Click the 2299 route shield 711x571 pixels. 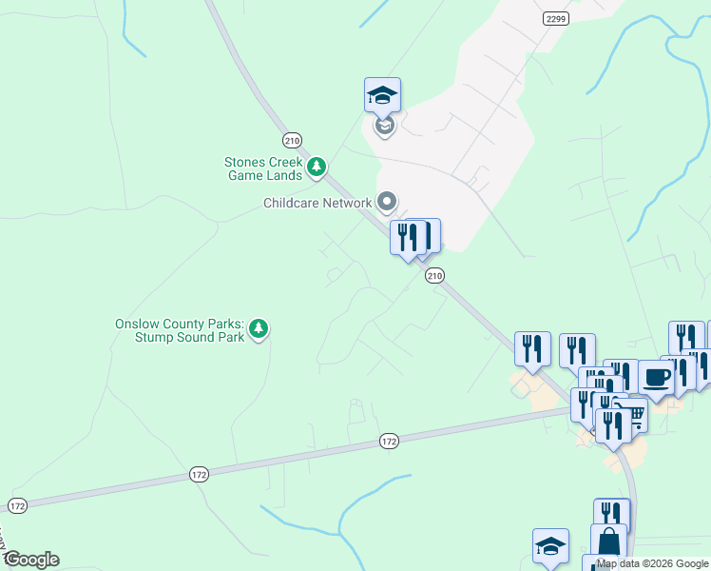[x=557, y=18]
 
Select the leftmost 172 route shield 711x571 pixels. [x=17, y=504]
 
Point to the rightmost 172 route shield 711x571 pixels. [x=388, y=441]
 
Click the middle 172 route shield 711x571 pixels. [x=198, y=474]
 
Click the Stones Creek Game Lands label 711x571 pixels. [x=263, y=168]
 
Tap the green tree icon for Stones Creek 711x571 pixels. [x=317, y=168]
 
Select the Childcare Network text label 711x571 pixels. [x=317, y=203]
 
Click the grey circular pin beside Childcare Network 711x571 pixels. [x=387, y=202]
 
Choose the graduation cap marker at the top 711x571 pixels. [x=382, y=96]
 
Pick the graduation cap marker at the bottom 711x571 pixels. [x=550, y=546]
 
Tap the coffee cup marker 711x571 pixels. [x=656, y=377]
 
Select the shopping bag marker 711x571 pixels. [x=608, y=541]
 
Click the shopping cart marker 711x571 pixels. [x=631, y=413]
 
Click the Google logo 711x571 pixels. [x=30, y=560]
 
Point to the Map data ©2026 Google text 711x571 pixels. [x=652, y=563]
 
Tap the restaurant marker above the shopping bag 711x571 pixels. [x=611, y=516]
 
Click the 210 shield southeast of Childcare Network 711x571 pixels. [x=434, y=276]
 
